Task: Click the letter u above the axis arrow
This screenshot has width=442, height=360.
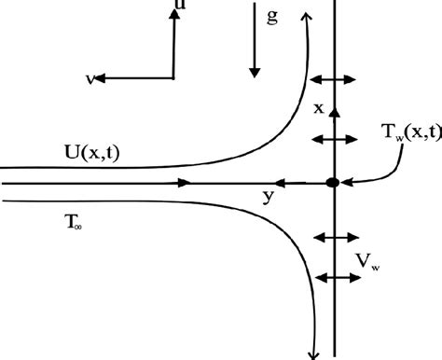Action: coord(177,7)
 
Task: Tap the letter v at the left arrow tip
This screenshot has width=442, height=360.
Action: coord(90,79)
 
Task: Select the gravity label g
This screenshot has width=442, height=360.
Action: coord(272,18)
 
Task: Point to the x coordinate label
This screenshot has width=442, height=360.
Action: coord(318,108)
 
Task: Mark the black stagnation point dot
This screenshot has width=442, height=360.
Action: coord(331,183)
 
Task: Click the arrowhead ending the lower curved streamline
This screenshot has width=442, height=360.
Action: coord(314,352)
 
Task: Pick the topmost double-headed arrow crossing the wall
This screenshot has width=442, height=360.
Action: coord(333,79)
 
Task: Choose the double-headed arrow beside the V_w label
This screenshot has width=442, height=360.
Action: coord(334,277)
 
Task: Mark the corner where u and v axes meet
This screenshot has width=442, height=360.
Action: coord(173,78)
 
